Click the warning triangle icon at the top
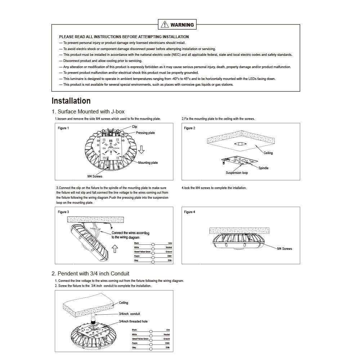click(165, 24)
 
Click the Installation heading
click(71, 101)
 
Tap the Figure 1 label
click(63, 128)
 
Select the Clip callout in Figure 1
click(135, 127)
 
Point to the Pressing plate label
click(145, 133)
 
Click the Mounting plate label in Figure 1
click(148, 163)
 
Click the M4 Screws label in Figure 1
click(95, 176)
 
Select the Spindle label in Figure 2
click(263, 168)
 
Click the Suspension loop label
click(237, 173)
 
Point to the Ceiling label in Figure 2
click(268, 153)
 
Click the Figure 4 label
click(189, 212)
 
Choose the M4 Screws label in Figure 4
click(284, 249)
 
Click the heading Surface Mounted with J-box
click(88, 112)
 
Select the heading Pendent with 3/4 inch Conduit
click(90, 274)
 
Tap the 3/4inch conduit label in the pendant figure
click(129, 314)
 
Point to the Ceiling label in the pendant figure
click(123, 303)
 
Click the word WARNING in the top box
click(182, 25)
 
